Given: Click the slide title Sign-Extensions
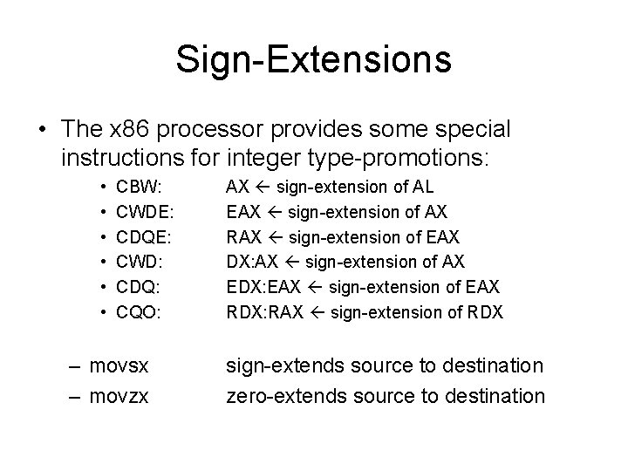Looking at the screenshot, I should (x=313, y=59).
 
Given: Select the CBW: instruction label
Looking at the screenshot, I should (x=140, y=186).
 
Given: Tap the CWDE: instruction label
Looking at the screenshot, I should (x=146, y=211).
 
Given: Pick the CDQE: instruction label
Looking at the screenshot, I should (x=146, y=236).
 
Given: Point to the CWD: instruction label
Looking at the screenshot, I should (x=140, y=262).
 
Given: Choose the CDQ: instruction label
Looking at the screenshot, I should (x=140, y=287).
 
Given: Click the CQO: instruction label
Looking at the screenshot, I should (x=140, y=312).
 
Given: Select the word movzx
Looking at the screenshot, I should (x=119, y=396).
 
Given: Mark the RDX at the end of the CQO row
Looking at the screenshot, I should (x=485, y=312).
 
